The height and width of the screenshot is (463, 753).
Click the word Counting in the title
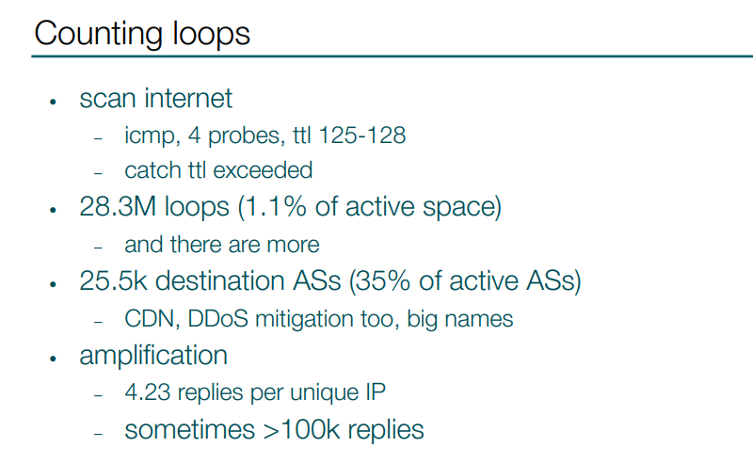pos(99,35)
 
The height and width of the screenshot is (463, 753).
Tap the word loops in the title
pos(211,34)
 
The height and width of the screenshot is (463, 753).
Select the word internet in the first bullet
pos(188,99)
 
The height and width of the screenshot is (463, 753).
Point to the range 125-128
pos(362,135)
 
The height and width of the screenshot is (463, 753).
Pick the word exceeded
pos(263,170)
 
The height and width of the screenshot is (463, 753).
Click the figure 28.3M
pos(118,206)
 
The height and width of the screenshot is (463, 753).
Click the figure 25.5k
pos(113,280)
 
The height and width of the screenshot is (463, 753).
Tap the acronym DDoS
pos(218,319)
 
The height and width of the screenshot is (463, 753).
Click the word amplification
pos(153,356)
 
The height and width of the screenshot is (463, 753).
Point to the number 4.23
pos(148,392)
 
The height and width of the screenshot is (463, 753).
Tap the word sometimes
pos(190,430)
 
